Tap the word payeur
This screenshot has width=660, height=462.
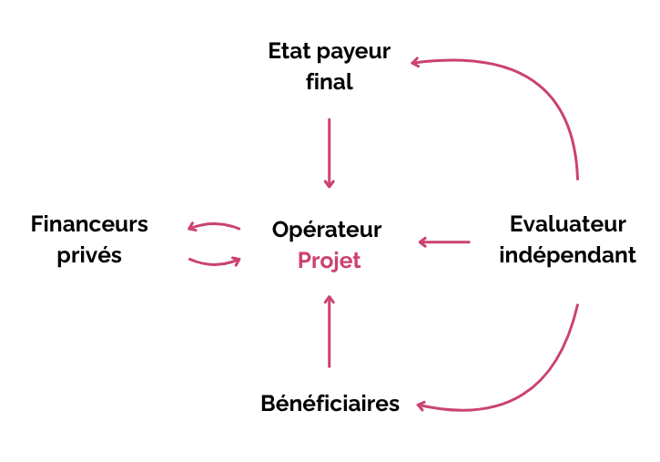pos(349,53)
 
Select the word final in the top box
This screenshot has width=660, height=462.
pos(330,82)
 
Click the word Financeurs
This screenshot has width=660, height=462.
pos(89,224)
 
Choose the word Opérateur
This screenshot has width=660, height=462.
pos(327,230)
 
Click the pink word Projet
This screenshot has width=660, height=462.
pos(329,261)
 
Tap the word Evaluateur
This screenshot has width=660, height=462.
pos(568,224)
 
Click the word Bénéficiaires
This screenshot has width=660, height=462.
pos(330,403)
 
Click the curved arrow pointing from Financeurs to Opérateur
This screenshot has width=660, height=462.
pos(215,262)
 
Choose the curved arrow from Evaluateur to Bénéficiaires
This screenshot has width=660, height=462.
pos(546,383)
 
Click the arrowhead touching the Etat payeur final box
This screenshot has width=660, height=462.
pos(417,63)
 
